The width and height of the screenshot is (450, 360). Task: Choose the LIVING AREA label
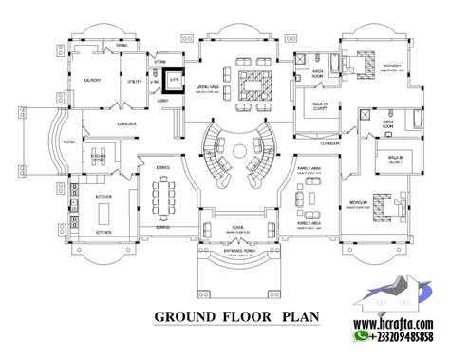(x=209, y=86)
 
